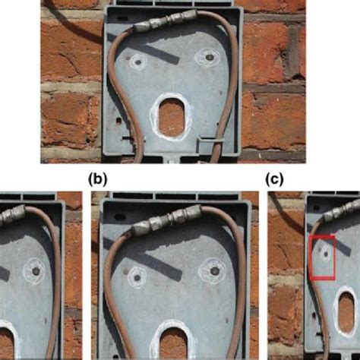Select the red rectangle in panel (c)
(322, 258)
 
